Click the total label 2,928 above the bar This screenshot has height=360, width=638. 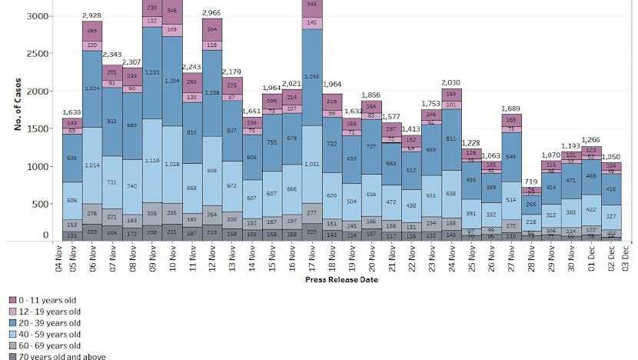pos(93,15)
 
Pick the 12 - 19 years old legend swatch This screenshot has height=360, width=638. pos(13,311)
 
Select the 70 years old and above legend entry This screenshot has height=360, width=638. pos(52,356)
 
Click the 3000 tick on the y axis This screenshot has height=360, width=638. pos(40,16)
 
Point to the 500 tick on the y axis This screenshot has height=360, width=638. pos(42,204)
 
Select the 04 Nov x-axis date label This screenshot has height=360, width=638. pos(61,258)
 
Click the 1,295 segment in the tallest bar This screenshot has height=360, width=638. pos(312,77)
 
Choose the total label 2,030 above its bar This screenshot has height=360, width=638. pos(452,82)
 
